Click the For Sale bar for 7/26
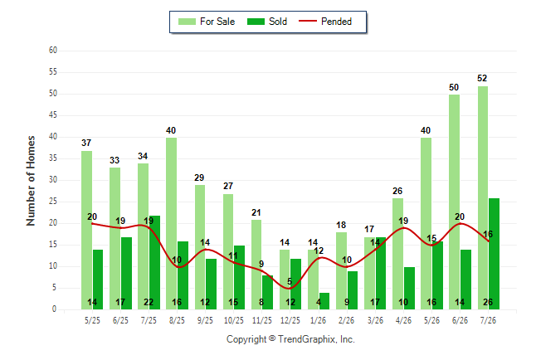click(x=483, y=198)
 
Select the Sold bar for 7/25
click(x=154, y=263)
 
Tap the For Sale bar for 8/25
click(x=171, y=224)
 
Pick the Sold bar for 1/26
click(x=324, y=301)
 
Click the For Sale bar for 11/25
click(x=256, y=265)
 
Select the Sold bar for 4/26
click(x=409, y=288)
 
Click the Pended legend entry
click(x=325, y=22)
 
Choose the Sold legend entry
click(x=267, y=22)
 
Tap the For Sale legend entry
click(x=207, y=22)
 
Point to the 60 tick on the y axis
click(x=53, y=51)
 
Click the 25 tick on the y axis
click(x=53, y=202)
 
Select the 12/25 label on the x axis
click(x=290, y=320)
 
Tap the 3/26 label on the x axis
click(x=375, y=320)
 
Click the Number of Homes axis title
click(x=31, y=181)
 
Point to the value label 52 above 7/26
click(x=482, y=78)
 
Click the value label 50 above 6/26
click(x=454, y=87)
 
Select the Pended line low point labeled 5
click(x=290, y=288)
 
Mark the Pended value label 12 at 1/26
click(x=319, y=251)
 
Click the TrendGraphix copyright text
click(x=290, y=339)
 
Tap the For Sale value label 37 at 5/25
click(x=86, y=143)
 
